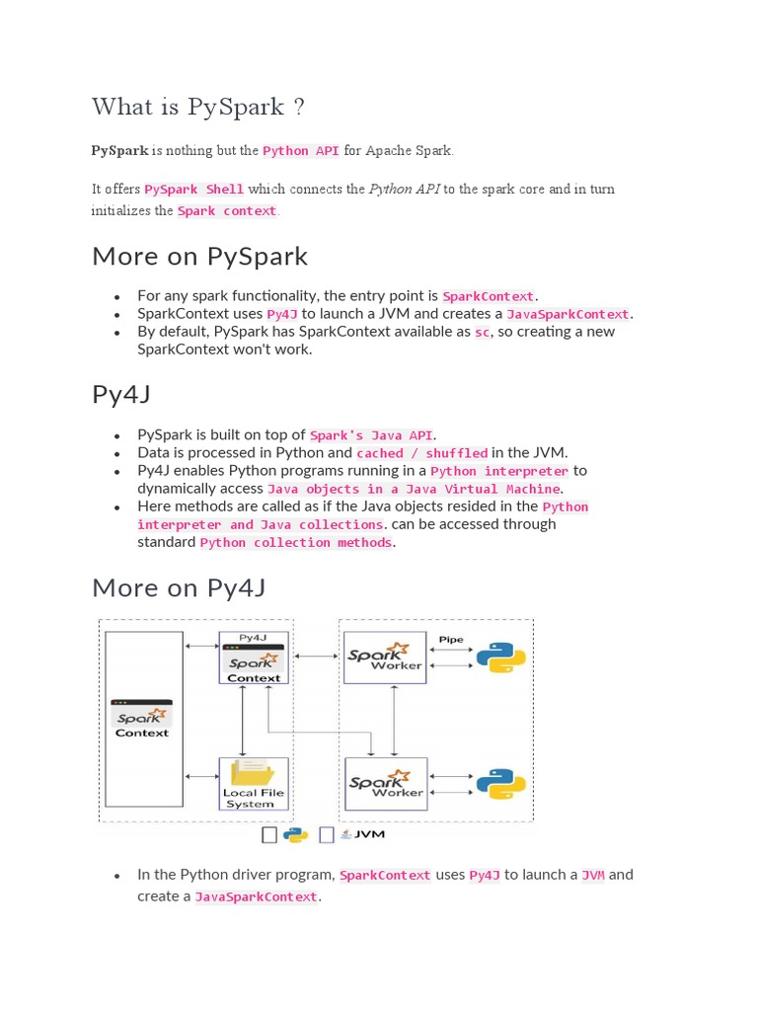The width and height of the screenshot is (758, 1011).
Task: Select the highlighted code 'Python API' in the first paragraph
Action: tap(301, 151)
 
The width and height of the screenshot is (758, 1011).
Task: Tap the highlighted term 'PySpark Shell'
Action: tap(194, 189)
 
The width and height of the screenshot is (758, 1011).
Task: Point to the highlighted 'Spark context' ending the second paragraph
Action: tap(228, 210)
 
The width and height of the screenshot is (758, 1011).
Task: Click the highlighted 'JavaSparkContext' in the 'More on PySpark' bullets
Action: tap(568, 314)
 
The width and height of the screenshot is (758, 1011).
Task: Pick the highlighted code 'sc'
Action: tap(482, 333)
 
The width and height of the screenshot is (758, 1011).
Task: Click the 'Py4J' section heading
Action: tap(120, 394)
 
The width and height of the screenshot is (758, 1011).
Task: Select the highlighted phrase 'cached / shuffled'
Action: tap(421, 453)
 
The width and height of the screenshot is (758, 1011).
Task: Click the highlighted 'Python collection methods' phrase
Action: tap(296, 543)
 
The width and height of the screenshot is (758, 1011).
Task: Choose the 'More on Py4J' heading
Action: tap(179, 587)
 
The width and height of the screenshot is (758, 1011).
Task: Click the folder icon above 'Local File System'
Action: tap(254, 772)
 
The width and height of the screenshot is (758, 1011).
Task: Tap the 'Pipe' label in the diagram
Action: tap(451, 640)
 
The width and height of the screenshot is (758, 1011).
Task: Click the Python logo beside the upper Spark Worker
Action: tap(501, 658)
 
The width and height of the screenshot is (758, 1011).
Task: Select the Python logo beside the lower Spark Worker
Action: tap(501, 784)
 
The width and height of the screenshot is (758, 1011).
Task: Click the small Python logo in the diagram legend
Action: tap(295, 835)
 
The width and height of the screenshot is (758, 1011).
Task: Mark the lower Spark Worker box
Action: tap(385, 784)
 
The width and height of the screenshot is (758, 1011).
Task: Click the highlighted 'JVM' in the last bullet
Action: tap(592, 875)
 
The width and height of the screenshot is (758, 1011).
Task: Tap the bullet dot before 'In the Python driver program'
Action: tap(116, 876)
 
